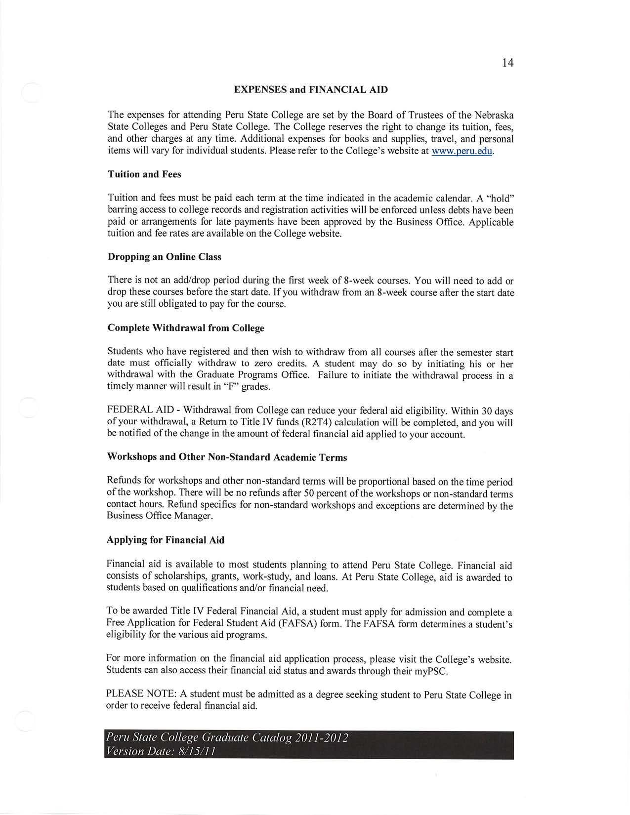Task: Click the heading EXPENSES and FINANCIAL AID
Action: coord(311,90)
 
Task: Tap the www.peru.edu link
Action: coord(462,151)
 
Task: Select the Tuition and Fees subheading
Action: coord(144,174)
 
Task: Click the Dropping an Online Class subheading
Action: coord(164,257)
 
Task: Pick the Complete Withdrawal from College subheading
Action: coord(185,328)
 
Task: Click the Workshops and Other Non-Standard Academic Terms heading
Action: coord(227,457)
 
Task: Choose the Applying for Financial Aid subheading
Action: coord(166,540)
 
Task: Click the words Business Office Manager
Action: coord(160,516)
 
